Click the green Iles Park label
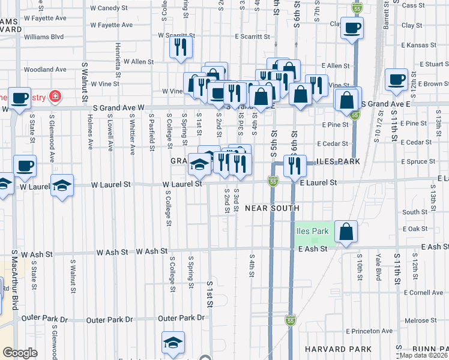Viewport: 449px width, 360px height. pyautogui.click(x=312, y=231)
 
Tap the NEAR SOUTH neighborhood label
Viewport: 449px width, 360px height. pyautogui.click(x=272, y=208)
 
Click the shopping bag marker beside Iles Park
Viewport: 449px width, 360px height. pyautogui.click(x=346, y=231)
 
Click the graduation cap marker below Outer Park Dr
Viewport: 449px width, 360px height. pyautogui.click(x=172, y=344)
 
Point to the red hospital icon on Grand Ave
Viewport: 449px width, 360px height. pyautogui.click(x=55, y=95)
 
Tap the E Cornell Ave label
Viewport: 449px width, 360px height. pyautogui.click(x=422, y=293)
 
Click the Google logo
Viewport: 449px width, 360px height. pyautogui.click(x=20, y=353)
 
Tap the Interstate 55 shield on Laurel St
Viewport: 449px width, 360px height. pyautogui.click(x=273, y=181)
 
